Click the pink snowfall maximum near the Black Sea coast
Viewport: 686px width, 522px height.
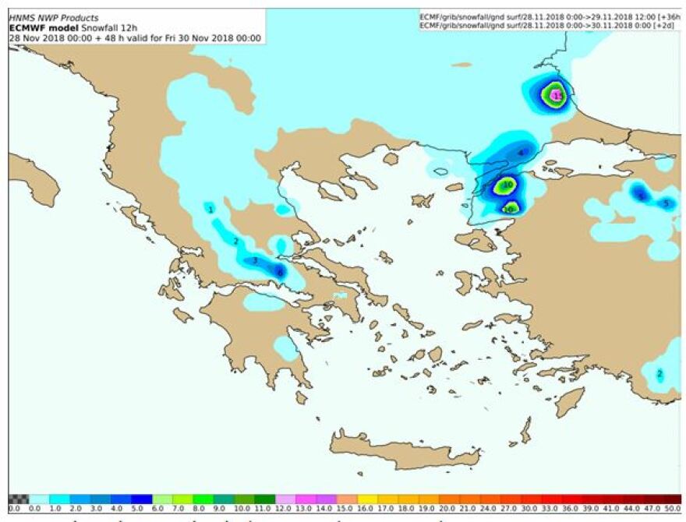click(x=556, y=95)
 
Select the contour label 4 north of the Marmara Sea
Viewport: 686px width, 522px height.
click(x=522, y=152)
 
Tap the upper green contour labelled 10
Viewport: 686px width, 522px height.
click(x=507, y=185)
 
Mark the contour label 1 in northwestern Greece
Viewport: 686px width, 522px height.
click(x=210, y=209)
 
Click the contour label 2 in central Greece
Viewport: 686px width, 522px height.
click(x=235, y=242)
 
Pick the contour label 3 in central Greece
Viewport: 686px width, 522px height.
click(x=255, y=260)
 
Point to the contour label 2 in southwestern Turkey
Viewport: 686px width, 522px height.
click(x=659, y=374)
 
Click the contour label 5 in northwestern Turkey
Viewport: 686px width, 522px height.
click(x=665, y=203)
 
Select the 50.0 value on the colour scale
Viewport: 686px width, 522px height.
click(x=673, y=508)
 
